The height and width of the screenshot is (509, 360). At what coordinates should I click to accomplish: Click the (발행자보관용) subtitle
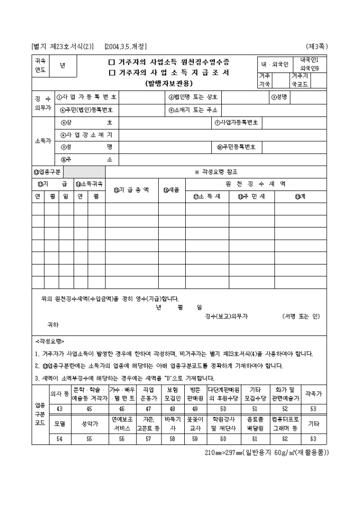click(169, 83)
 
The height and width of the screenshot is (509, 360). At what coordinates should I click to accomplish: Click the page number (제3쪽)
click(317, 46)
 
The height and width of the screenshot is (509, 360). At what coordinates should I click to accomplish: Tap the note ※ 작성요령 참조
click(216, 172)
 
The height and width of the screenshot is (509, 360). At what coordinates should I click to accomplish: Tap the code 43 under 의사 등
click(59, 408)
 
